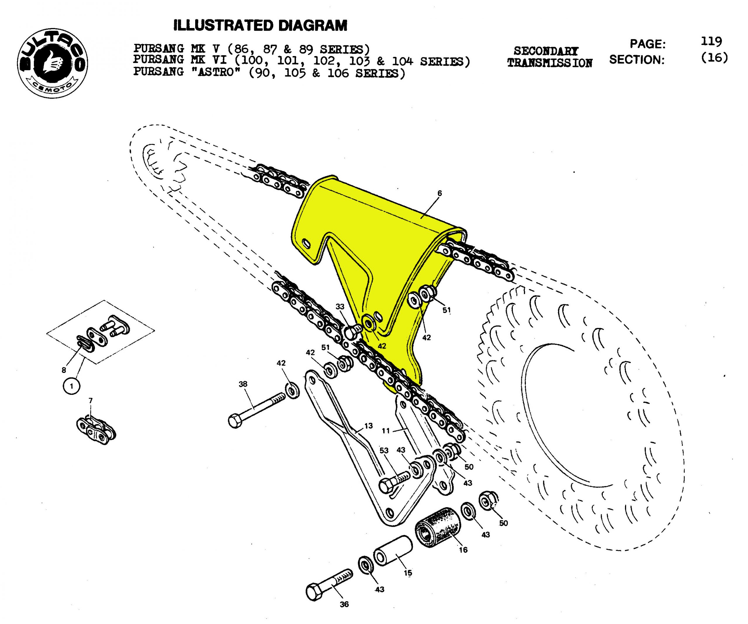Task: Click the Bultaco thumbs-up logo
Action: point(52,63)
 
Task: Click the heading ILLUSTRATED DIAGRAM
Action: point(260,26)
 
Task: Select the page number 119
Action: point(711,42)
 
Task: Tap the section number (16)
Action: point(714,58)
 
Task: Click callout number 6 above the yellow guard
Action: point(439,193)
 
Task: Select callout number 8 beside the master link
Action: point(64,370)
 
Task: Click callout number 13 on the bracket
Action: point(368,426)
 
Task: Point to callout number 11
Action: point(386,431)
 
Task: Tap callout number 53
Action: point(384,451)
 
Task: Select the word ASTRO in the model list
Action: point(219,73)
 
